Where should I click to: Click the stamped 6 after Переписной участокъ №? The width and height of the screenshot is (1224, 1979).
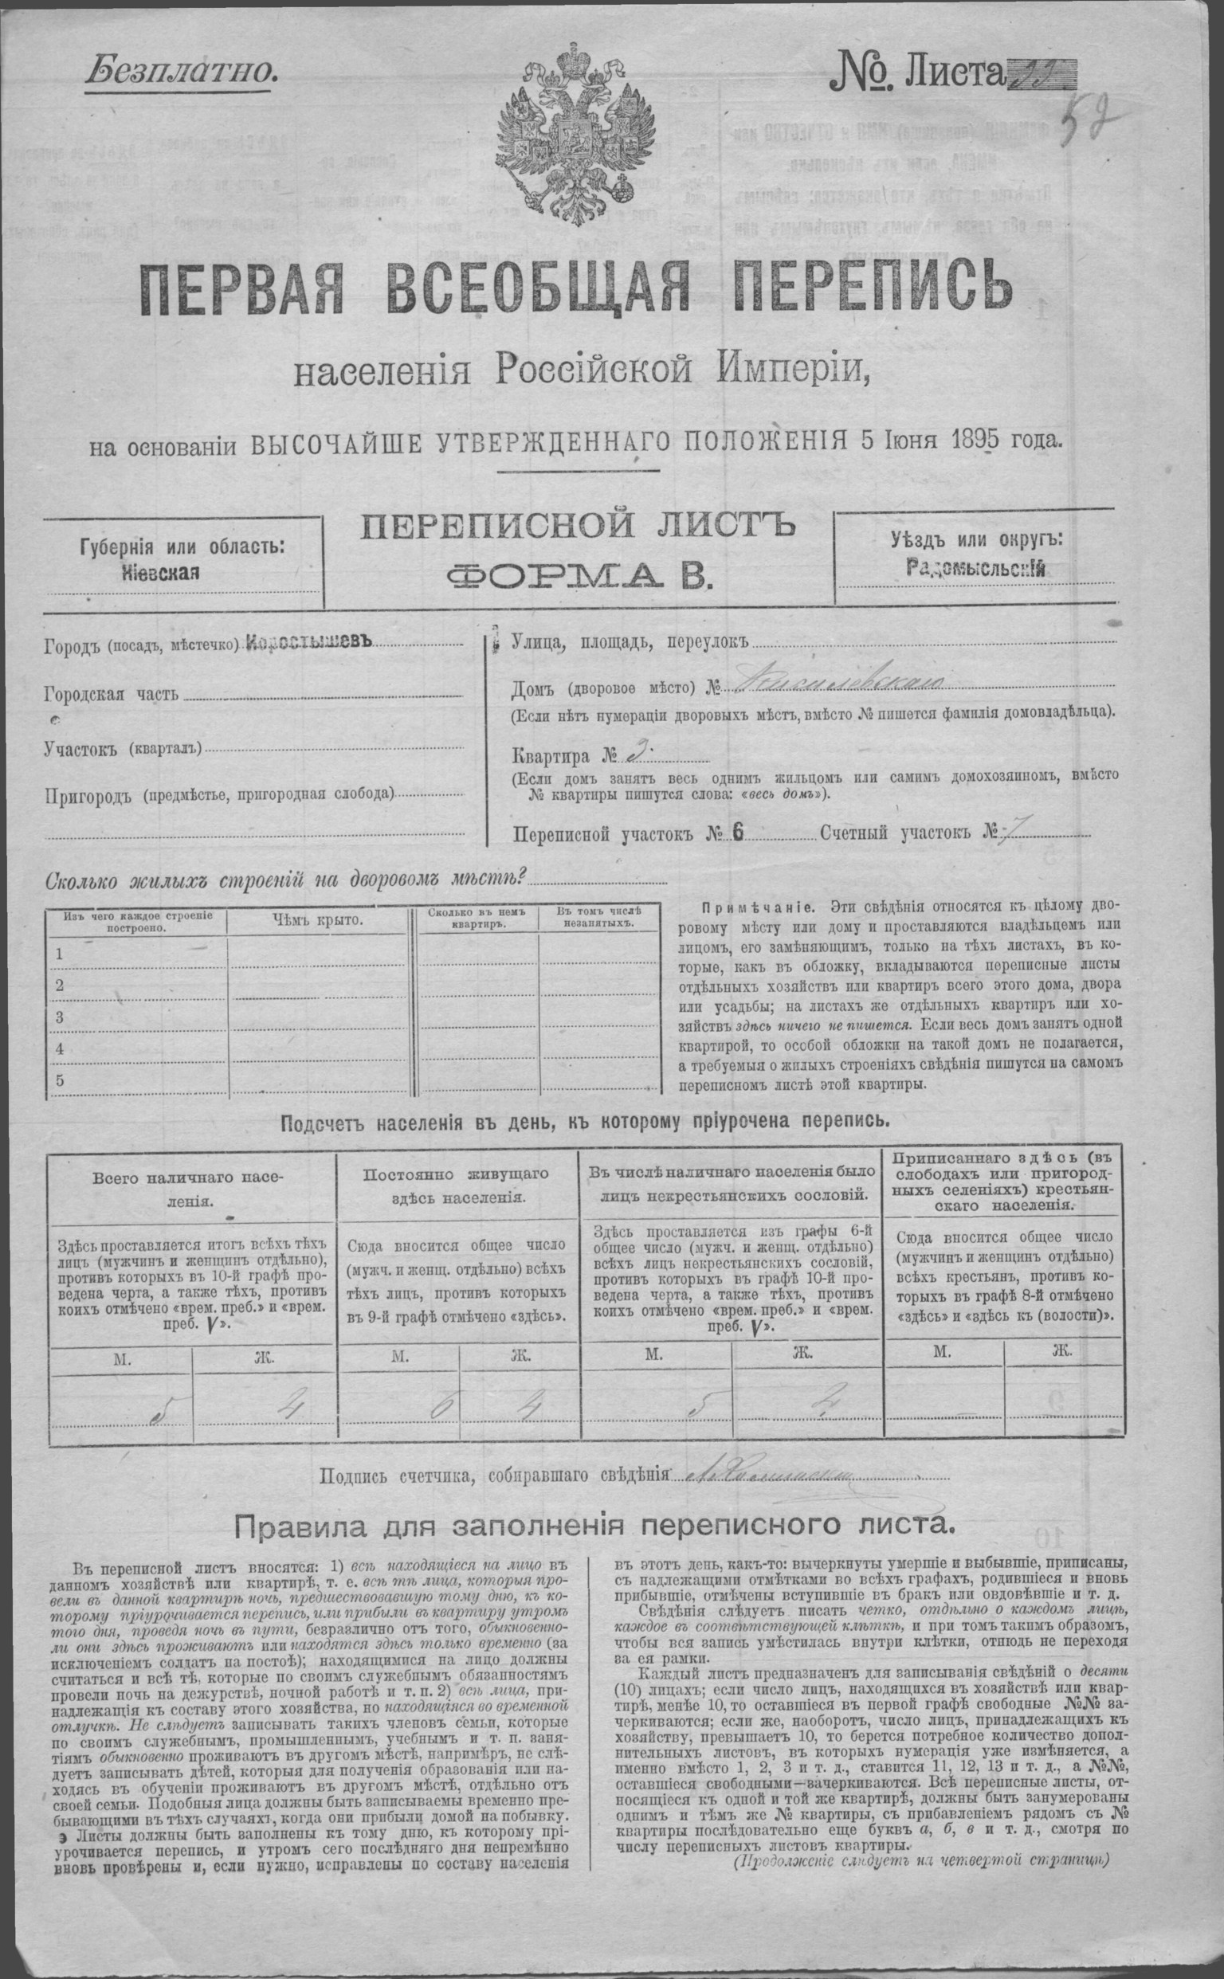736,835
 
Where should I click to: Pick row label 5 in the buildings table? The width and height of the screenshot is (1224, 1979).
59,1080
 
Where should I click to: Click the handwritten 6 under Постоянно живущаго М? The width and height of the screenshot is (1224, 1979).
443,1405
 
